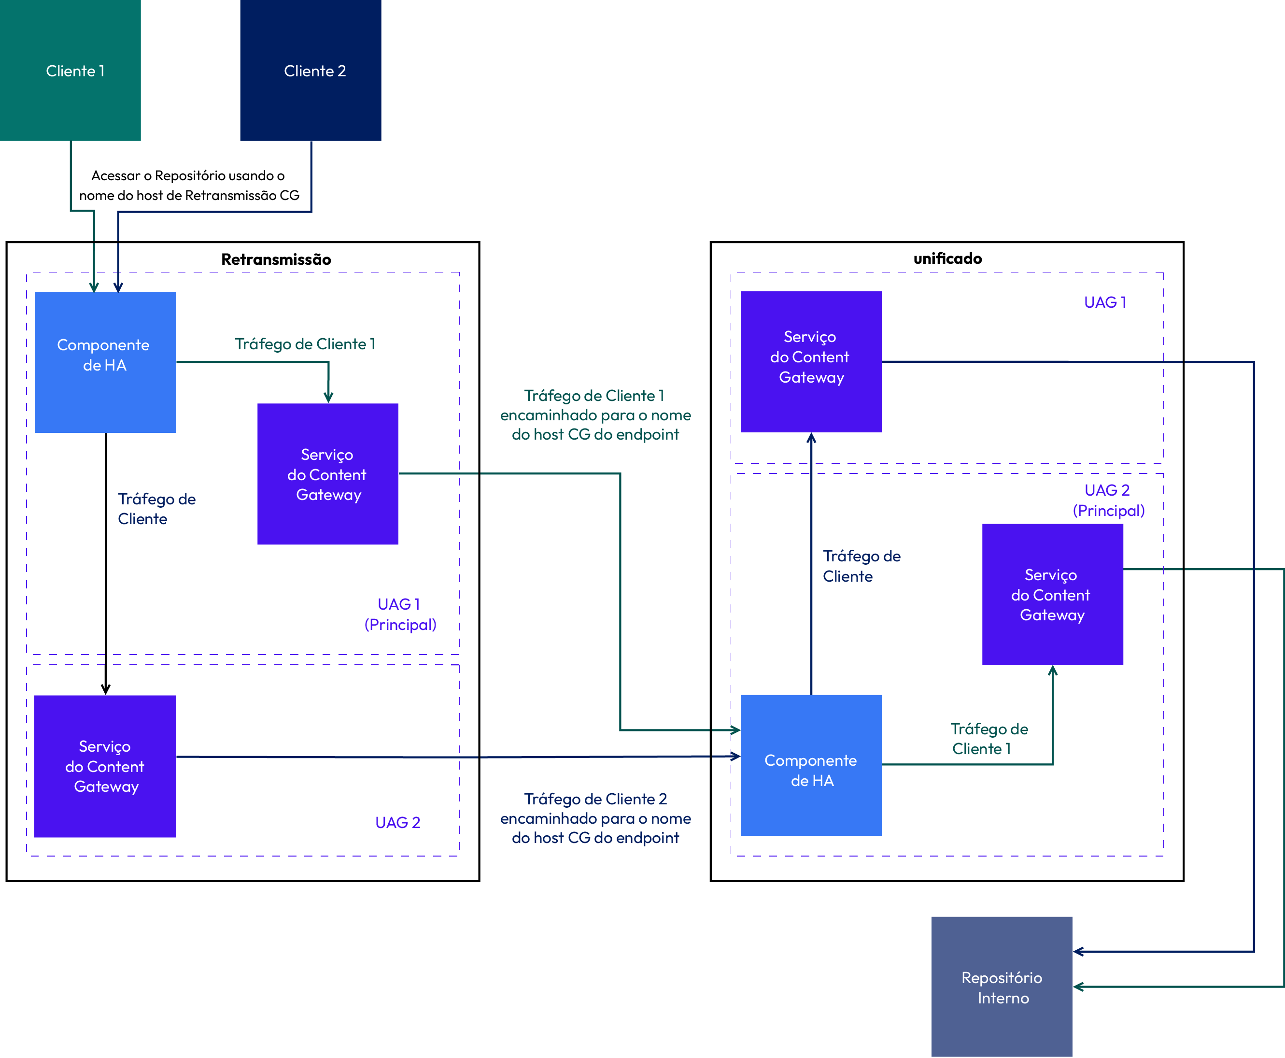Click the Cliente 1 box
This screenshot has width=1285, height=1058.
(x=70, y=70)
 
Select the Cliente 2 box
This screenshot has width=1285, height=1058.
(x=311, y=70)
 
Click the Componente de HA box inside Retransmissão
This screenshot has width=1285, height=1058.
(x=105, y=362)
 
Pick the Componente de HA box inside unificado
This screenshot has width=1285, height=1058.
(x=811, y=765)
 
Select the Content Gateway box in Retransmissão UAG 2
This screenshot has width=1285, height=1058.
(x=105, y=766)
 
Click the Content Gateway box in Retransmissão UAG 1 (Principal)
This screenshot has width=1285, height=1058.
(x=328, y=473)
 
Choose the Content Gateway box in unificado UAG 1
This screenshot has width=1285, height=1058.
(x=811, y=361)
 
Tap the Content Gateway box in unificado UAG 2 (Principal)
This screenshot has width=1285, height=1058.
(x=1052, y=594)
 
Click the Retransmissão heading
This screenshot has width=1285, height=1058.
(x=276, y=259)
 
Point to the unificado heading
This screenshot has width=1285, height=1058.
(x=947, y=258)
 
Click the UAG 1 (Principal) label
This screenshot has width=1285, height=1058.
(x=400, y=615)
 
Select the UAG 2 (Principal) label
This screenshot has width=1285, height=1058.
(x=1108, y=500)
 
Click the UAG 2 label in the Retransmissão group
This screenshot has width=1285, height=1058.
(x=398, y=823)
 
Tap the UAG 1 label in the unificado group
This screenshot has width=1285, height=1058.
(x=1105, y=302)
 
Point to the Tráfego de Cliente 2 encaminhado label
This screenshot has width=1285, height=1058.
(x=595, y=818)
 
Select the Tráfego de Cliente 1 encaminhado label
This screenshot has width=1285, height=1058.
(x=595, y=415)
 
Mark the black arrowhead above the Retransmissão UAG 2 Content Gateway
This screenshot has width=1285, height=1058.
(x=105, y=689)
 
